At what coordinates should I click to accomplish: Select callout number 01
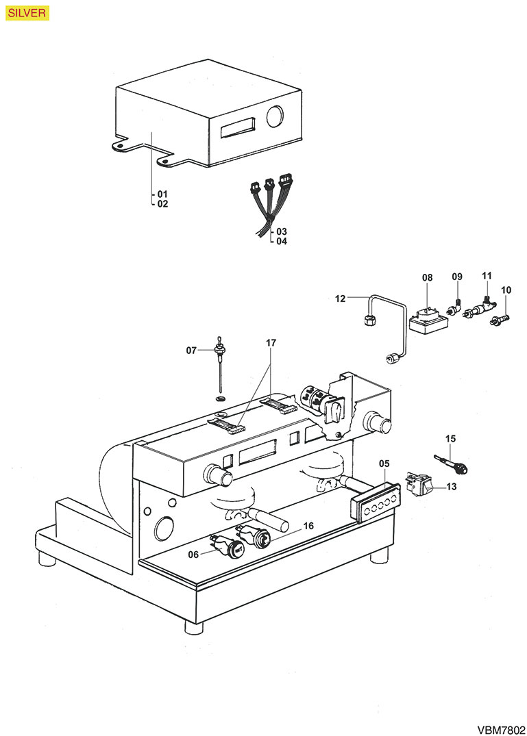point(162,194)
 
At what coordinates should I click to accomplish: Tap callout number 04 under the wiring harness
point(282,241)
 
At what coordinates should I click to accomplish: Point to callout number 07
point(191,351)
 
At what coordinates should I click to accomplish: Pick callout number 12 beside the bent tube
point(341,298)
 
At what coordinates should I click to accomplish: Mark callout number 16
point(308,526)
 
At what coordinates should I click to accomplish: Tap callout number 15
point(450,438)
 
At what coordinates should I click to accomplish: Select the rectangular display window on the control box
point(238,127)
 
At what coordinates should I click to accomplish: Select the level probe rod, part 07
point(221,373)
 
